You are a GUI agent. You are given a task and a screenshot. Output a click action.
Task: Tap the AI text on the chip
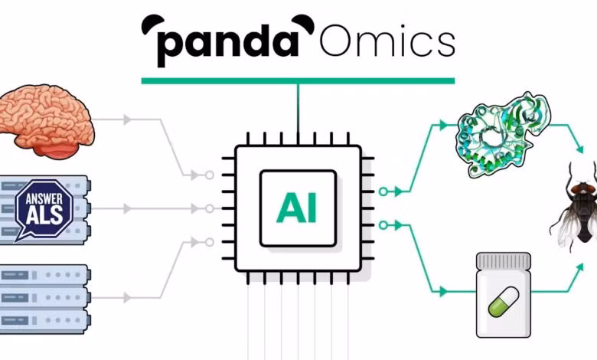[296, 208]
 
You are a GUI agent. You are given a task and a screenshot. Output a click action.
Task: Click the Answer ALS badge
[44, 207]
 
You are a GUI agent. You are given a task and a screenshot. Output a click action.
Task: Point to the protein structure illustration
[501, 130]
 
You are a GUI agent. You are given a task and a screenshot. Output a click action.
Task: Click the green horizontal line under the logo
[298, 80]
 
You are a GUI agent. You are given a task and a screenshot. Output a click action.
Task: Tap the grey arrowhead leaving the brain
[128, 119]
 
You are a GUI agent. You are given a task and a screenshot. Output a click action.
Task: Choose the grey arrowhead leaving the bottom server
[128, 296]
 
